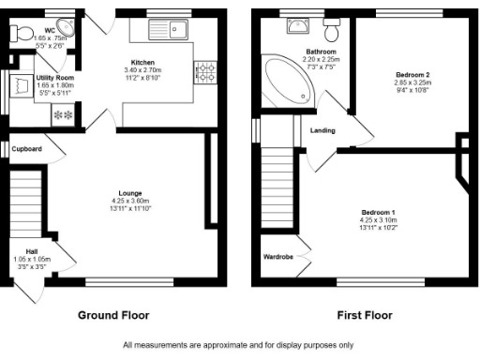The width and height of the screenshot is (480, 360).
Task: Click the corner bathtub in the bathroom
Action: click(x=286, y=81)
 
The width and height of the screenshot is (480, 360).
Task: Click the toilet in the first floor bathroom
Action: click(x=330, y=22)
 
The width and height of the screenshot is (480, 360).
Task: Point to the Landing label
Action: click(x=322, y=130)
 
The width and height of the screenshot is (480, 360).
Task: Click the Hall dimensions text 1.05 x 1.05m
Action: click(x=31, y=259)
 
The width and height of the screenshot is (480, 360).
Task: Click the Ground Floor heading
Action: click(x=112, y=315)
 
